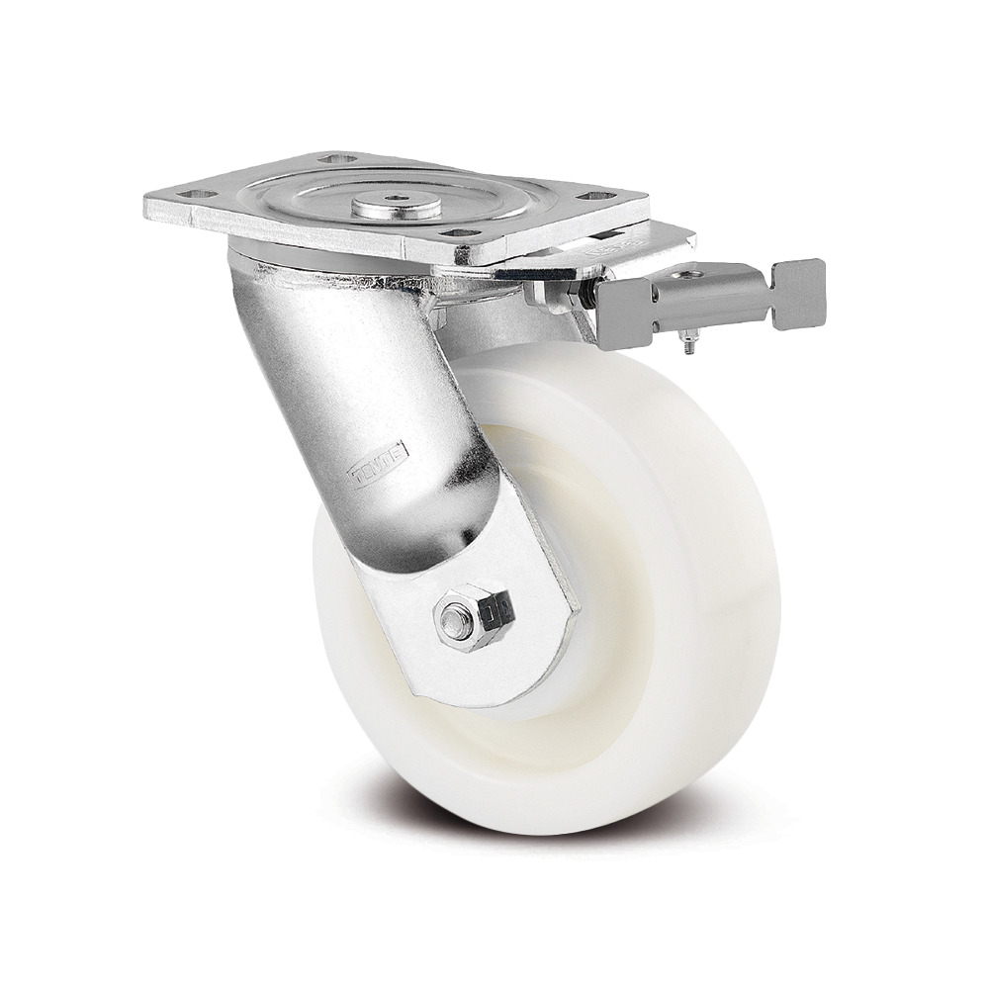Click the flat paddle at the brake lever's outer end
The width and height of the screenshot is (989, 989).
coord(799,294)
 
